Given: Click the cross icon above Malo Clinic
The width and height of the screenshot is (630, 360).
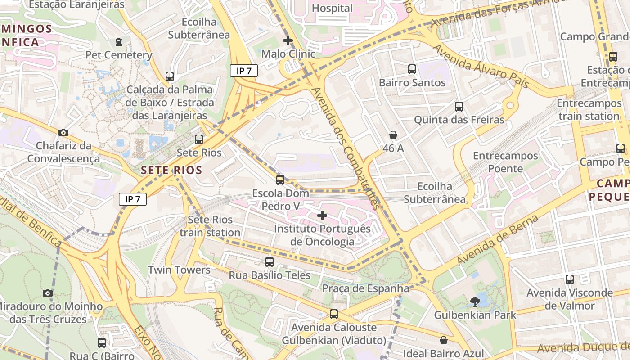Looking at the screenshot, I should click(288, 40).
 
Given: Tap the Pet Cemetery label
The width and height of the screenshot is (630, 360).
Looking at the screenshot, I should click(119, 55).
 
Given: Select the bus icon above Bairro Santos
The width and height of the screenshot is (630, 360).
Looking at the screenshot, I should click(412, 69).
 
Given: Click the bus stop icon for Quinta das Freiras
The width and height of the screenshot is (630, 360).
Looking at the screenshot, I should click(459, 107).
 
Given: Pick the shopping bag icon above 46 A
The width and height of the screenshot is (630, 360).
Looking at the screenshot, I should click(393, 135).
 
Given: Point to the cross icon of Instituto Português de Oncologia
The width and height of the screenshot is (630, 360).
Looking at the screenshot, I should click(322, 216).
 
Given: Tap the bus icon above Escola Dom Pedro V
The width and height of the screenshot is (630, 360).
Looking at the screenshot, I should click(280, 180).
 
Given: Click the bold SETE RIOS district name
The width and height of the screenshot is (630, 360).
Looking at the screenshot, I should click(171, 171).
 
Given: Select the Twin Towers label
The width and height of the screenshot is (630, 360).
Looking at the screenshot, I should click(180, 270).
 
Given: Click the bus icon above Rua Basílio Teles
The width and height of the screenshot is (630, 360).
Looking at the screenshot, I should click(270, 261).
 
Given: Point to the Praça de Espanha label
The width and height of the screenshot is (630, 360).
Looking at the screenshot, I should click(365, 288).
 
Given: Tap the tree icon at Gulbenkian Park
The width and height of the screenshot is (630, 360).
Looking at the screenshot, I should click(475, 301).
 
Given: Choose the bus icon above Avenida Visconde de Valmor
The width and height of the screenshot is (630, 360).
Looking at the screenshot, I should click(570, 279).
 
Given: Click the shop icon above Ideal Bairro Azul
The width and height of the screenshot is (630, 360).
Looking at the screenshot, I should click(444, 340).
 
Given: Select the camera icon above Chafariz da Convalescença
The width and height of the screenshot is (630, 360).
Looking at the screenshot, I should click(63, 132).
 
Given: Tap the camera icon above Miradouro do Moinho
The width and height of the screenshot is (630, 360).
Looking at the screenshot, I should click(48, 293).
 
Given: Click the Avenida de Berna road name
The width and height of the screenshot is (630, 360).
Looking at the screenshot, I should click(498, 240).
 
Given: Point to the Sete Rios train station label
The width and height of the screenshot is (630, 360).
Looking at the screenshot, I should click(210, 226).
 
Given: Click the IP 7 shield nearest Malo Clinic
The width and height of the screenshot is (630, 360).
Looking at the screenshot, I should click(243, 71).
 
